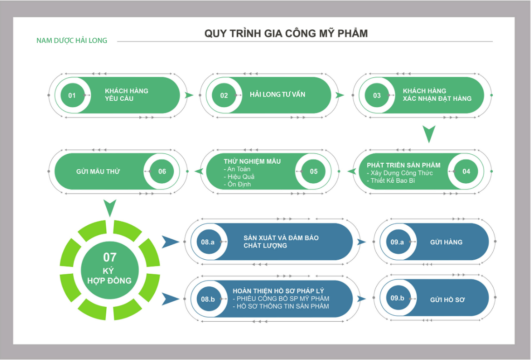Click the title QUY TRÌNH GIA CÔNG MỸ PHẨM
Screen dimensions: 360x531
click(x=286, y=34)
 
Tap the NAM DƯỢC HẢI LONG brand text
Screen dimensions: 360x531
click(x=72, y=41)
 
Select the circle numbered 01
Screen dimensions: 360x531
click(x=72, y=95)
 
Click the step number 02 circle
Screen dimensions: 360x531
click(x=224, y=95)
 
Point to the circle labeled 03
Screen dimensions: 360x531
click(x=377, y=95)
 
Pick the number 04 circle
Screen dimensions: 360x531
click(x=466, y=171)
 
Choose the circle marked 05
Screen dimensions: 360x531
click(x=314, y=171)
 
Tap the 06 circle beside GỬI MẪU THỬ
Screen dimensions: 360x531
click(x=162, y=171)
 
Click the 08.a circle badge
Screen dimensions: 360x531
click(x=208, y=242)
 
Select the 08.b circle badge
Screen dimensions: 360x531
click(x=208, y=299)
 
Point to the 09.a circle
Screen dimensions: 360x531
click(x=397, y=242)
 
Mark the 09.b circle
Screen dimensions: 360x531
click(x=397, y=298)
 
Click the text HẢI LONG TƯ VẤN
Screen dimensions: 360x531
click(x=277, y=95)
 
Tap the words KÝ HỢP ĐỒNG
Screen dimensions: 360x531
click(x=110, y=276)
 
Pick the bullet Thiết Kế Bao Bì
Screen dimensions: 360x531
click(x=393, y=180)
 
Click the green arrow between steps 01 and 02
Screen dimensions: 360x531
click(x=189, y=95)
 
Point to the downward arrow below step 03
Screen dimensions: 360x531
click(x=429, y=134)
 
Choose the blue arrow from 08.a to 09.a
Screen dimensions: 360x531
click(x=361, y=242)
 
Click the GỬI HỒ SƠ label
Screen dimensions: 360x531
click(x=447, y=299)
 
